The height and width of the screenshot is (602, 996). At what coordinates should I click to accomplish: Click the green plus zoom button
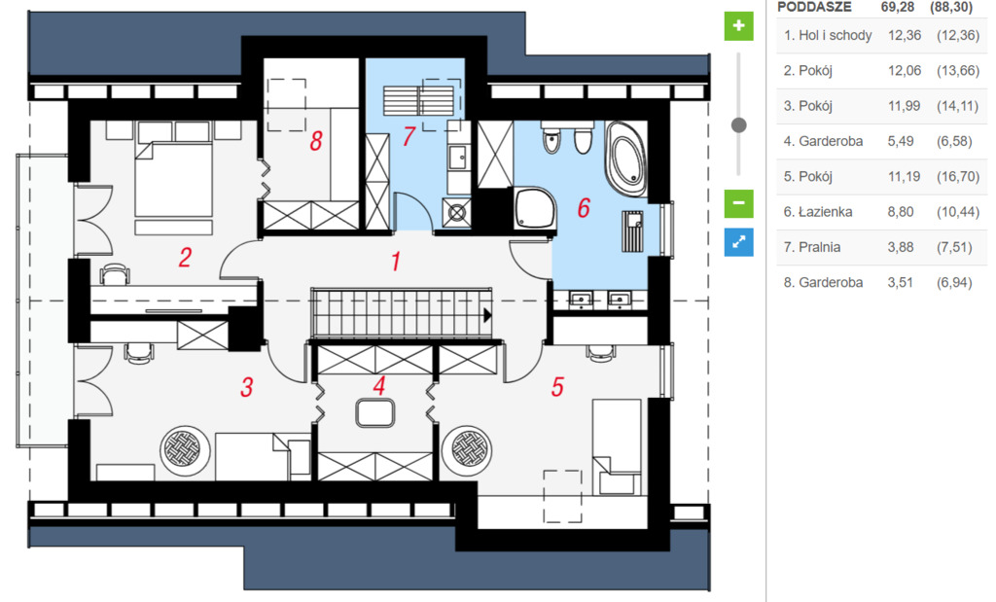[x=739, y=26]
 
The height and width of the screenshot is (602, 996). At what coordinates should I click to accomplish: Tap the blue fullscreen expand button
[x=739, y=242]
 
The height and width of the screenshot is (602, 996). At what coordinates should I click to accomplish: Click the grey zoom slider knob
[x=739, y=125]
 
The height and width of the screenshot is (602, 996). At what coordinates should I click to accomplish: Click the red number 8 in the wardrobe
[x=316, y=141]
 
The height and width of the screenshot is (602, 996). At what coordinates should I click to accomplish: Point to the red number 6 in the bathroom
[x=584, y=208]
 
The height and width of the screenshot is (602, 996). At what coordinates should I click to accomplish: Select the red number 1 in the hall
[x=396, y=261]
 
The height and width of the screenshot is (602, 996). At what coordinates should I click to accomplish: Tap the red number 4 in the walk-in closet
[x=379, y=385]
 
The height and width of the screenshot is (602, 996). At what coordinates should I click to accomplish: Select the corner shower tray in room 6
[x=535, y=209]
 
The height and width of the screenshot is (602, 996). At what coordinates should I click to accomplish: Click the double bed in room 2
[x=173, y=180]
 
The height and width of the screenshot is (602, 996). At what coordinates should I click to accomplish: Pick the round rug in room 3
[x=185, y=450]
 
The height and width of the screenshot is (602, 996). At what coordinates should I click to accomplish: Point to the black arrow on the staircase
[x=487, y=314]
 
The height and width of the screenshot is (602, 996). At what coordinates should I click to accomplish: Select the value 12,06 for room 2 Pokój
[x=905, y=70]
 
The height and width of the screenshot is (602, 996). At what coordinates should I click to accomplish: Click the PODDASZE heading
[x=814, y=7]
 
